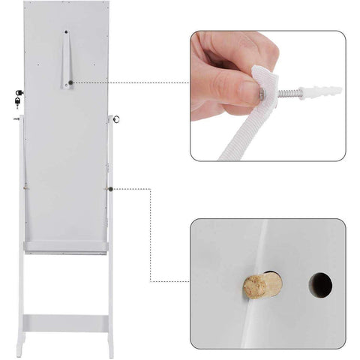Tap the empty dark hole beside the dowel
320,283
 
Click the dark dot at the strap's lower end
70,83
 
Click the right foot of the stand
112,352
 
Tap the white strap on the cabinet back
66,60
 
